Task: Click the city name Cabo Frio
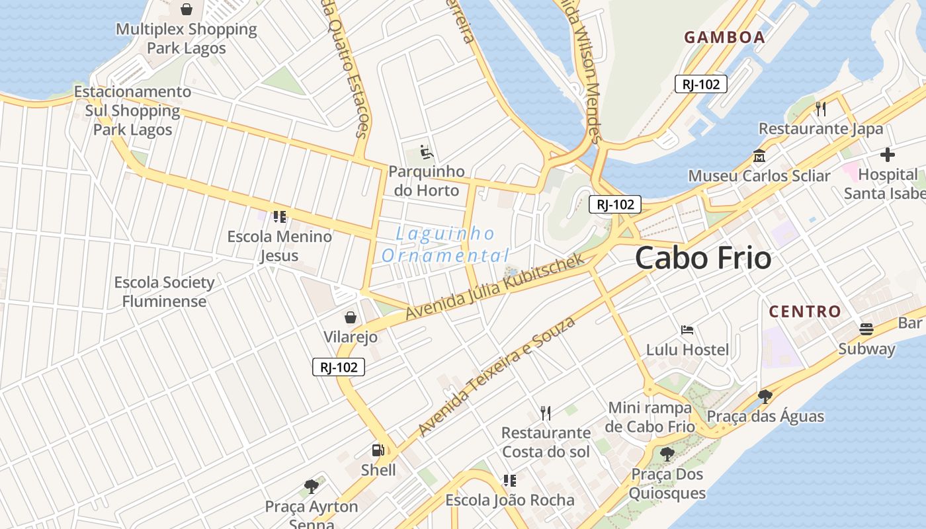[702, 258]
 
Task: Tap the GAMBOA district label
[724, 37]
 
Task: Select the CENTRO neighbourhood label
[804, 311]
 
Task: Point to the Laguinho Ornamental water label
[445, 245]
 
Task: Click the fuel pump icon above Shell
[378, 450]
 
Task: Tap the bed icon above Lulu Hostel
[687, 329]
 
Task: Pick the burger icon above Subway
[866, 329]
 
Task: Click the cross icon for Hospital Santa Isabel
[888, 155]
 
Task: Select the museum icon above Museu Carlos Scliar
[759, 156]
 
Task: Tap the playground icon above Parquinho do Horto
[427, 151]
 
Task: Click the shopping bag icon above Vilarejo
[351, 317]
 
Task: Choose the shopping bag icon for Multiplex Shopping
[187, 9]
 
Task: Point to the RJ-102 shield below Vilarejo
[338, 367]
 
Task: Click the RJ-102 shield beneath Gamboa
[701, 84]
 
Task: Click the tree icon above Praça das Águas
[765, 397]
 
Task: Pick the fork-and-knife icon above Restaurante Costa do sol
[546, 413]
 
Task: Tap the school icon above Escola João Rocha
[509, 480]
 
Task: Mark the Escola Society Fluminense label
[164, 292]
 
